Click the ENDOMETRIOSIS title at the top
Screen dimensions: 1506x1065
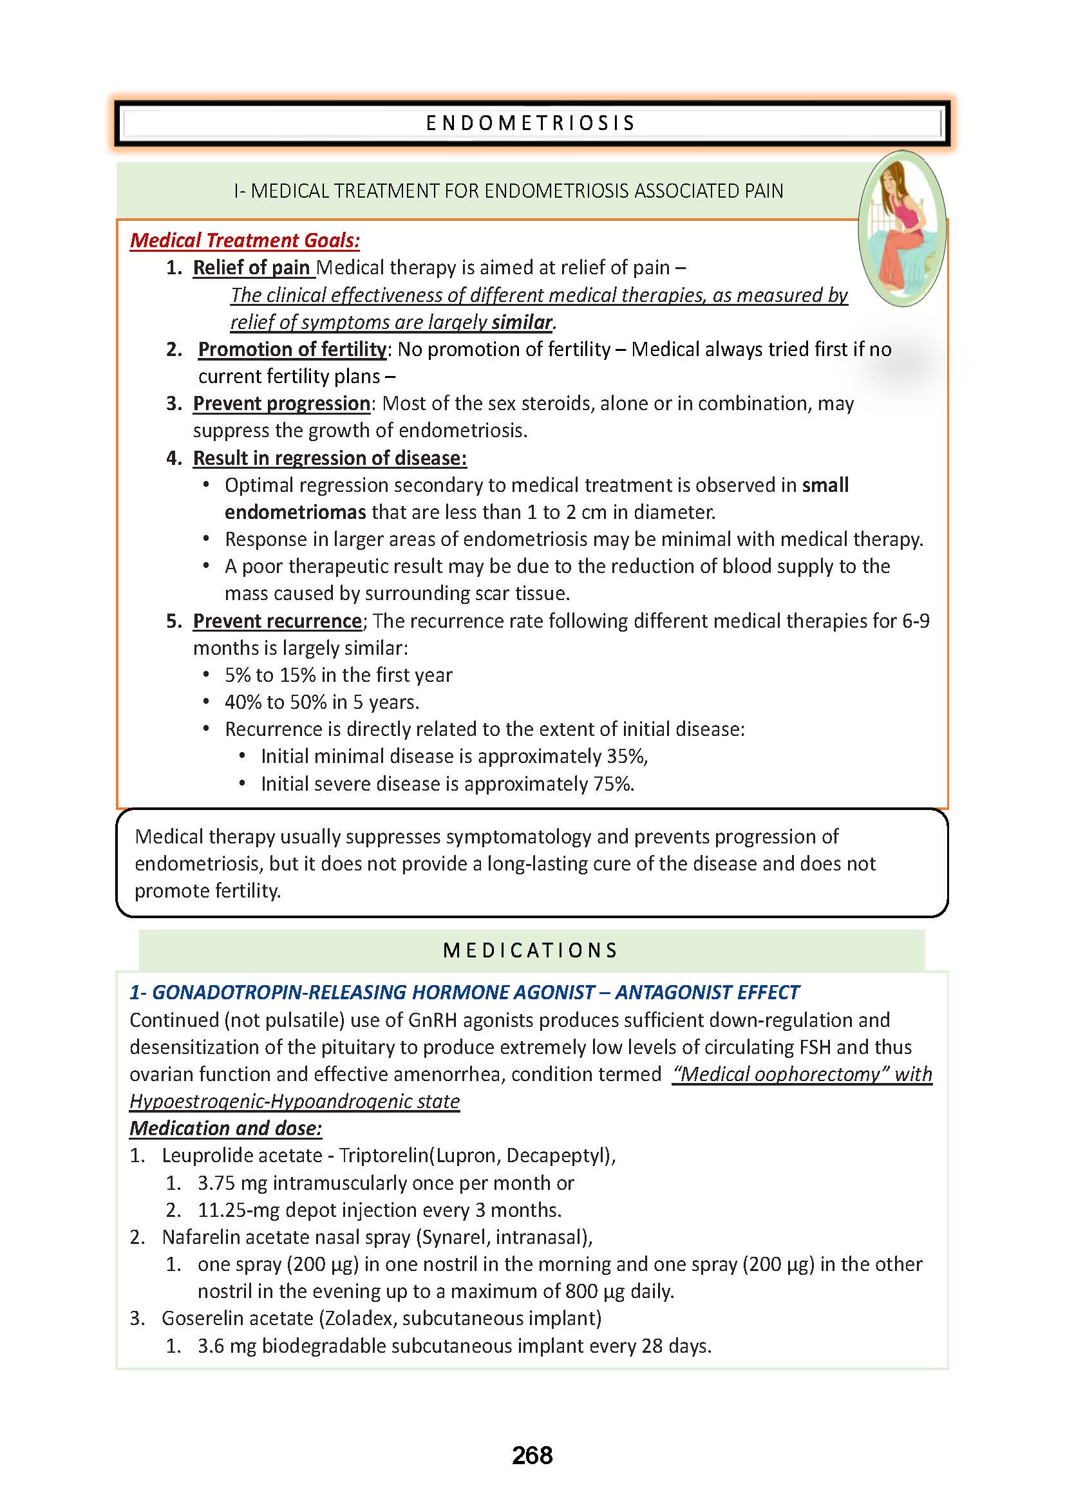tap(531, 124)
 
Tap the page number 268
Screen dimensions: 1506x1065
tap(532, 1456)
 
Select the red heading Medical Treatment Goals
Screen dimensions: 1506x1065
tap(245, 241)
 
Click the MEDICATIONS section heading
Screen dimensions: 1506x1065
tap(531, 950)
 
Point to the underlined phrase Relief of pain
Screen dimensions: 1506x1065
tap(251, 268)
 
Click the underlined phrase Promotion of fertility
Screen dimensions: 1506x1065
tap(292, 349)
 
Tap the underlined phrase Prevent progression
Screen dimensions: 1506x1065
tap(281, 404)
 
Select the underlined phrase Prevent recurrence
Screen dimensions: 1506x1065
tap(277, 621)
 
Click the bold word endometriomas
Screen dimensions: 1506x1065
tap(295, 512)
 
